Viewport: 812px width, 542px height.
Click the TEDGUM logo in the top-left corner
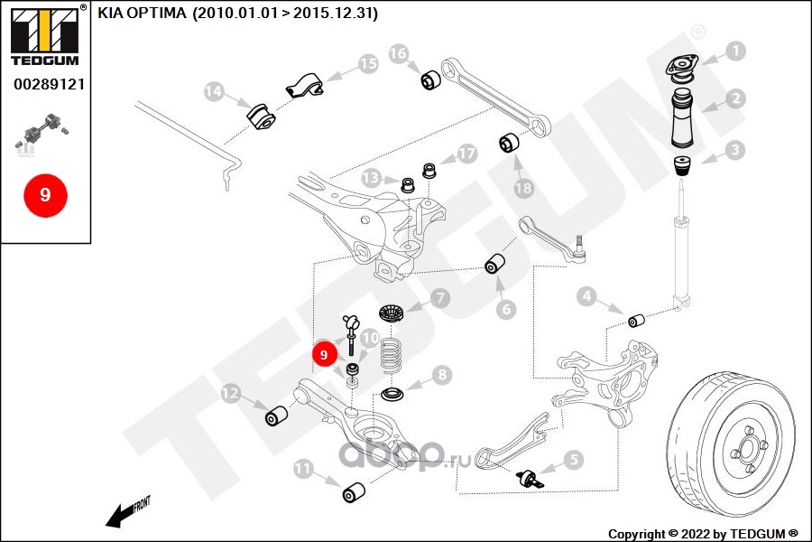[x=45, y=36]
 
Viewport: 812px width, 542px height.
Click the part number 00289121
[x=50, y=84]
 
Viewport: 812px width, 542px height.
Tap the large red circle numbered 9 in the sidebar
[x=45, y=195]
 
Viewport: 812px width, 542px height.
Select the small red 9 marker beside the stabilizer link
[x=324, y=354]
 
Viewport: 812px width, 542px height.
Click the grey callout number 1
[x=735, y=51]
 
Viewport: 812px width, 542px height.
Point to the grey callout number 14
[x=213, y=91]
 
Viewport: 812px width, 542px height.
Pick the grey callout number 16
[x=398, y=53]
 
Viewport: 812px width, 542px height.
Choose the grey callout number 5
[x=573, y=459]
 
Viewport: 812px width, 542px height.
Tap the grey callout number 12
[x=230, y=393]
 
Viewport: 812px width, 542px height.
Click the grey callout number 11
[x=303, y=468]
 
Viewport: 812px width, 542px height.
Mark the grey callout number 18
[x=523, y=187]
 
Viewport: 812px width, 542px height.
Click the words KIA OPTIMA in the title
[x=142, y=13]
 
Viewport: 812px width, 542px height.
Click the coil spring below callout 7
[x=391, y=354]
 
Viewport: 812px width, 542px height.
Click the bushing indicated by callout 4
[x=636, y=321]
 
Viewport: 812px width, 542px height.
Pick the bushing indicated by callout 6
[x=494, y=264]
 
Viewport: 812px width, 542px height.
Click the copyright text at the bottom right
[x=703, y=534]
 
